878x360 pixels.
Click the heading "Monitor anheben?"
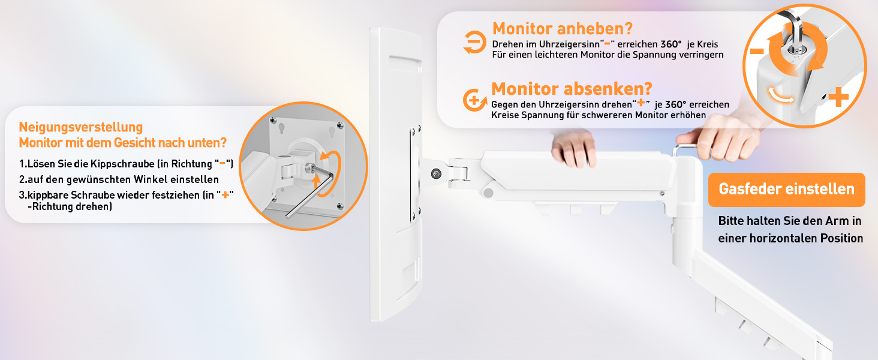coord(563,29)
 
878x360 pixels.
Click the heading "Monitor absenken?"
coord(572,89)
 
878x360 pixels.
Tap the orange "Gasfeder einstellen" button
coord(786,190)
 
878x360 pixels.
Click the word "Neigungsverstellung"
coord(81,127)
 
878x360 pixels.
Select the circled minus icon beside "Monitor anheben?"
coord(474,42)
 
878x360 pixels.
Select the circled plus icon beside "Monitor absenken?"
coord(474,100)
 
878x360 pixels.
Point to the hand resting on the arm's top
coord(573,148)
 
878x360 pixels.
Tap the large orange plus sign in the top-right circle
coord(839,97)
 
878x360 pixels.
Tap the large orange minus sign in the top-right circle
coord(757,51)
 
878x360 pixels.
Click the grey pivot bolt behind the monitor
coord(436,174)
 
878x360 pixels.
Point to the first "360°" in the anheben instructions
coord(671,44)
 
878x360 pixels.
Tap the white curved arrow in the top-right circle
coord(781,95)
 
